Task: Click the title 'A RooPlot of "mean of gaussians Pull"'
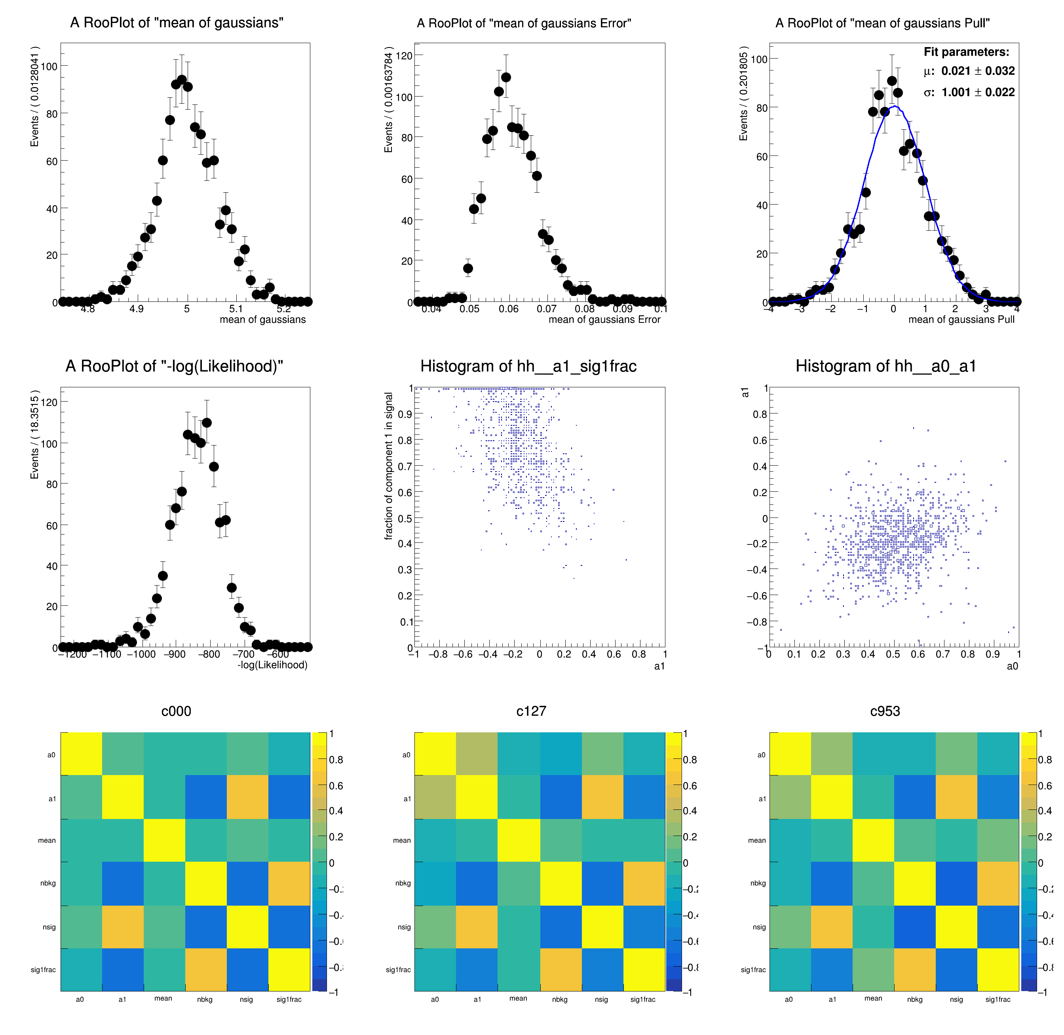click(882, 23)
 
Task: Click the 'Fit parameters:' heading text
click(966, 52)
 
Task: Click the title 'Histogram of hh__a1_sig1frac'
click(528, 366)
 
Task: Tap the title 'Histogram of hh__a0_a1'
click(885, 366)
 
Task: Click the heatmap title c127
click(531, 711)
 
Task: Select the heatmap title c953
click(885, 711)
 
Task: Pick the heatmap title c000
click(176, 711)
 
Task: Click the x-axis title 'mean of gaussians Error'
click(604, 320)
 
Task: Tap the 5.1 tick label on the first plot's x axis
click(236, 309)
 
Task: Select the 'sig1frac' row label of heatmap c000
click(43, 970)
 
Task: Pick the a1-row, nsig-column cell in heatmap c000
click(247, 796)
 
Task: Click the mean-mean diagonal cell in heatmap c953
click(873, 840)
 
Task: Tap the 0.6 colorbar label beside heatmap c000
click(336, 786)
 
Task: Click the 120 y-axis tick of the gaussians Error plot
click(404, 55)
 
